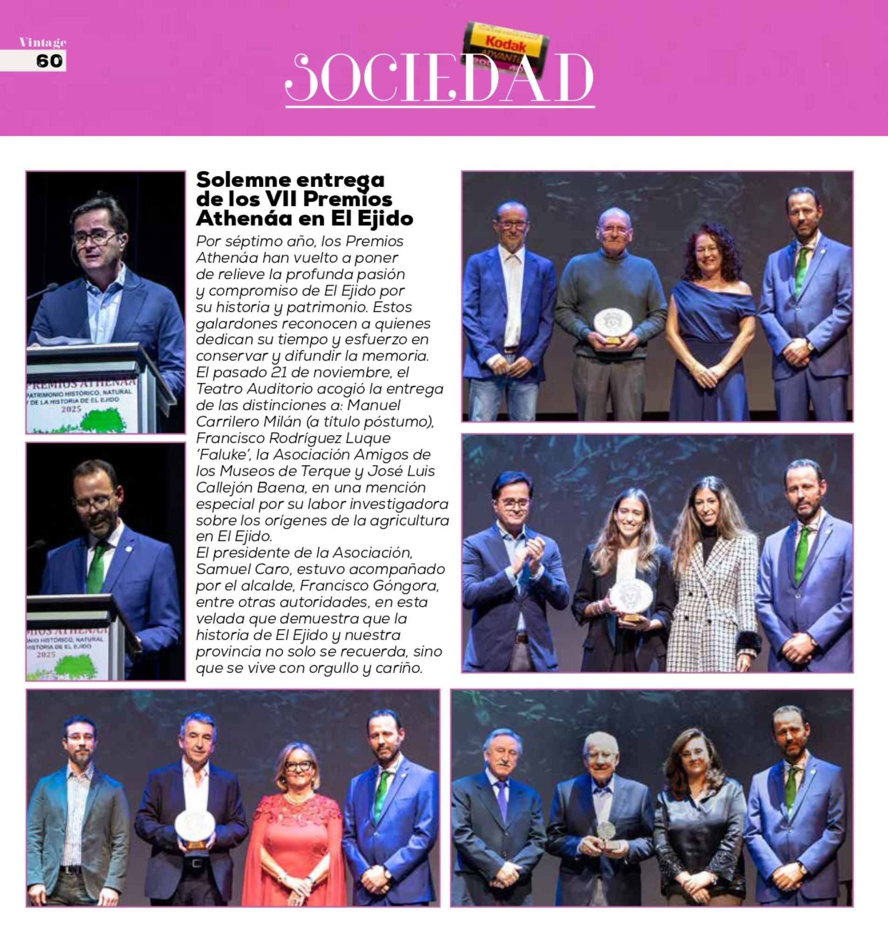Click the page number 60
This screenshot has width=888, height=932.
pyautogui.click(x=49, y=61)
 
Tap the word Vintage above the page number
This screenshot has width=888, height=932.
pyautogui.click(x=42, y=42)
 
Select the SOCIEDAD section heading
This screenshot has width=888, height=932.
pyautogui.click(x=439, y=78)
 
